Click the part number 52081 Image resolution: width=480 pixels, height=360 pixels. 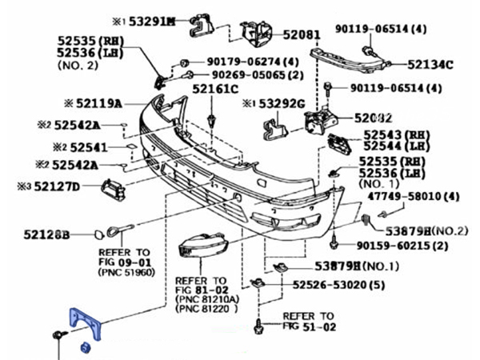tap(301, 35)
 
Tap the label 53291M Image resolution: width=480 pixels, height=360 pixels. tap(153, 22)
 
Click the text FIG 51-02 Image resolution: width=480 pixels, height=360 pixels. tap(308, 326)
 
